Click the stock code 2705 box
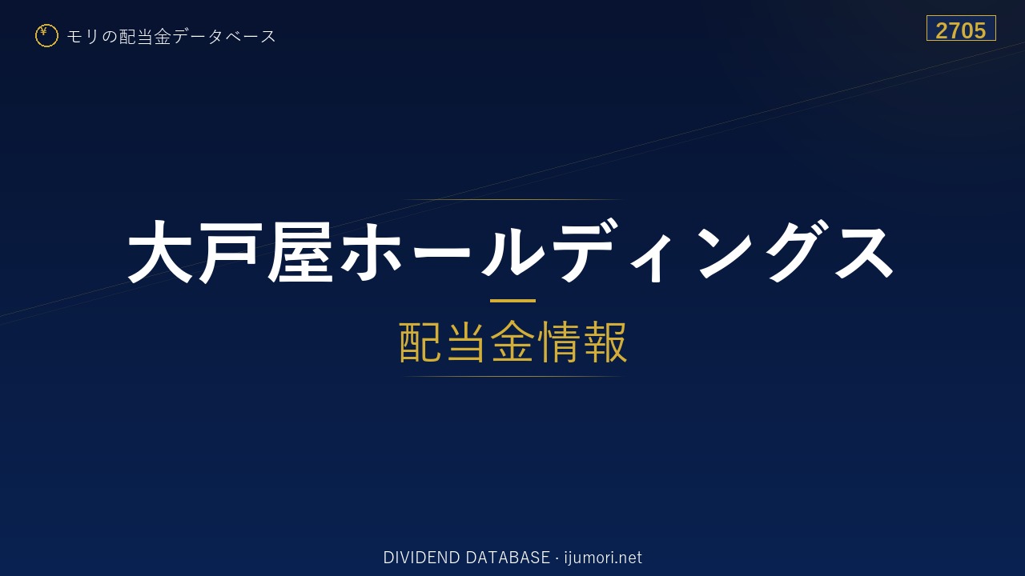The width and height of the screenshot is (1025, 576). tap(961, 28)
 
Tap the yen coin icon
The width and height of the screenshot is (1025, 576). tap(46, 36)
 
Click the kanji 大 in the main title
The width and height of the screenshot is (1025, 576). tap(159, 252)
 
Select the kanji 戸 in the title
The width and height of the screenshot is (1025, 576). tap(227, 252)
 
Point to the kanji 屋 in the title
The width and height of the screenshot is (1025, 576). tap(300, 252)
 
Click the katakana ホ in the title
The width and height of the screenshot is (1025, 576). tap(372, 252)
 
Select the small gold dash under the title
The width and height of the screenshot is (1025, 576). tap(512, 301)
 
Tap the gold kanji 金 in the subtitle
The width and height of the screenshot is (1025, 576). tap(512, 342)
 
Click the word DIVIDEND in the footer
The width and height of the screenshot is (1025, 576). tap(421, 558)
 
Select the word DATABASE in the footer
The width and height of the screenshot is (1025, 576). tap(508, 558)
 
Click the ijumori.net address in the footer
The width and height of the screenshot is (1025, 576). tap(603, 558)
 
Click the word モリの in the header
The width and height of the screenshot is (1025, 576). tap(92, 36)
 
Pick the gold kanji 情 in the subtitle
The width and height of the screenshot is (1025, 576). tap(559, 342)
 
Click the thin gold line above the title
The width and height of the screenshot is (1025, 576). tap(512, 200)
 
